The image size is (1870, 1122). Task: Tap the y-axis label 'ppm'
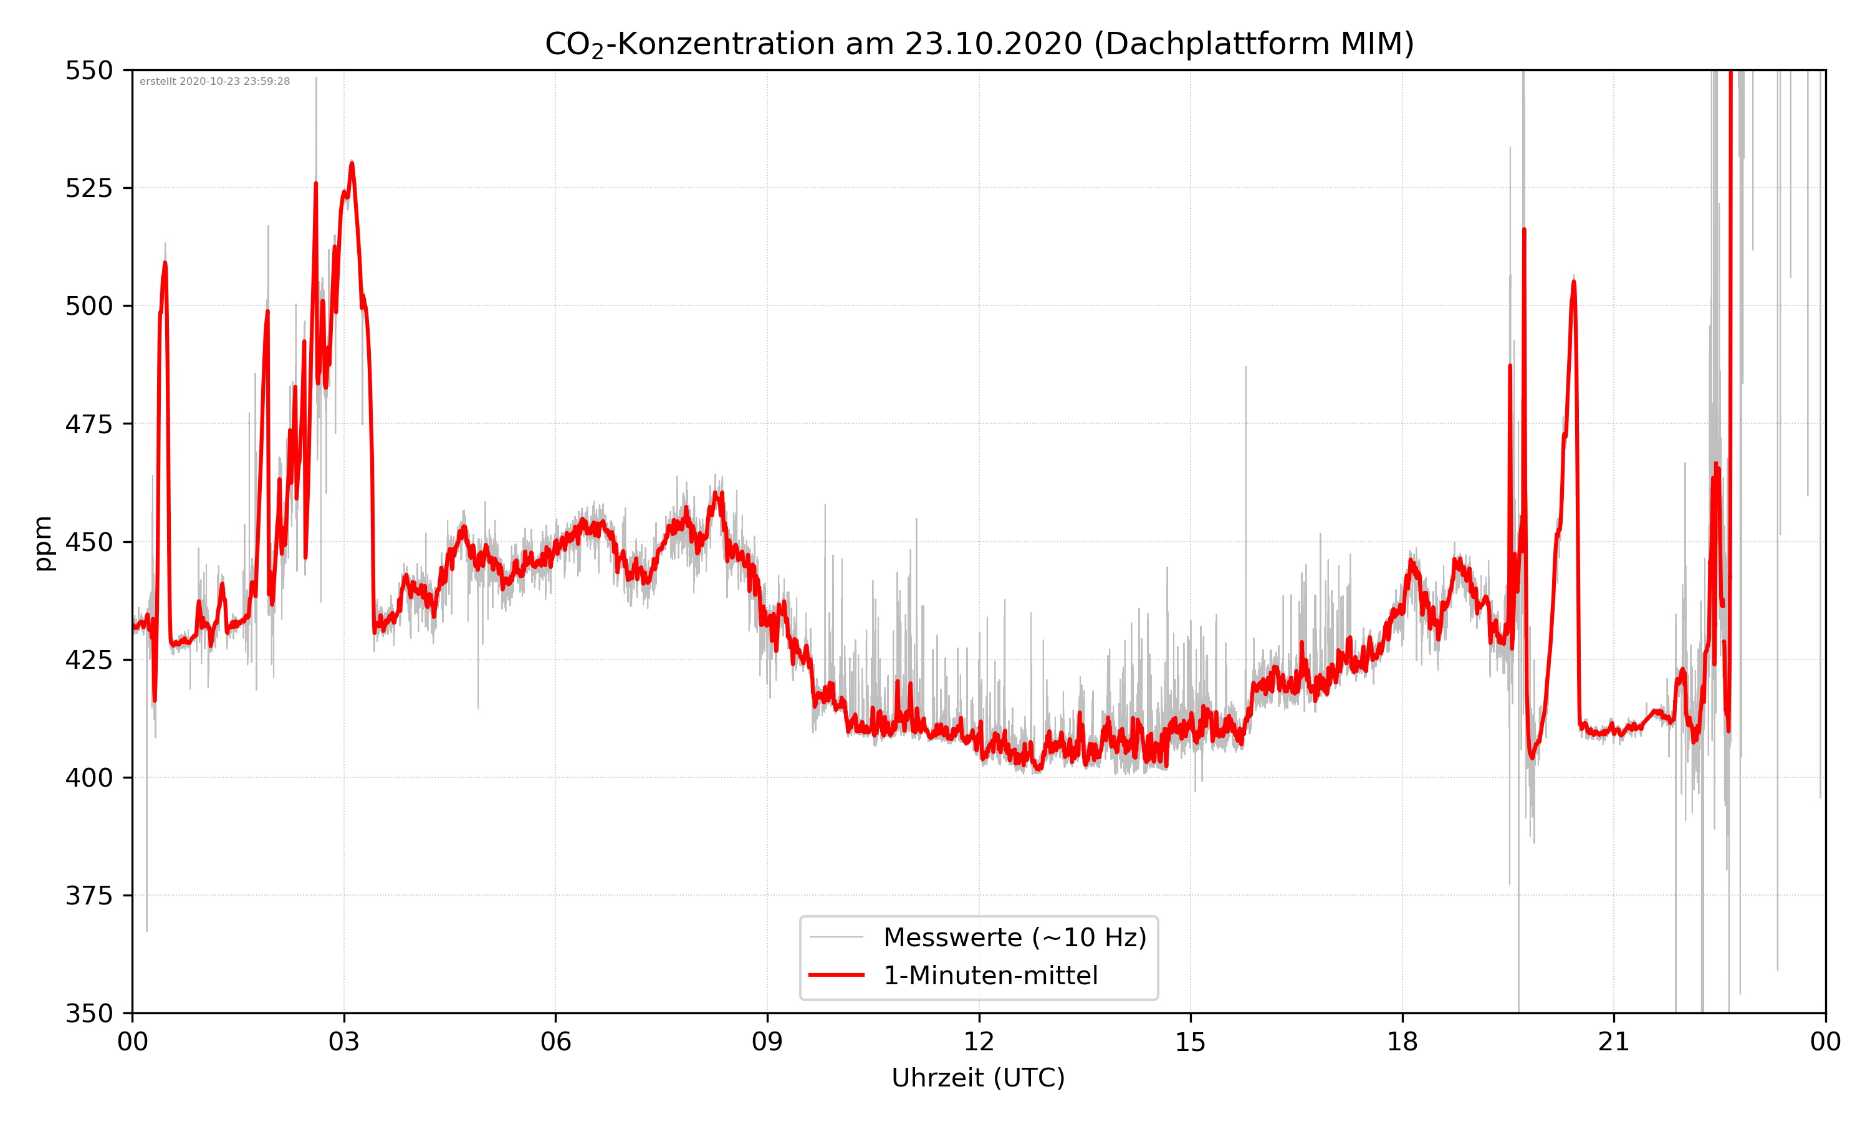point(43,543)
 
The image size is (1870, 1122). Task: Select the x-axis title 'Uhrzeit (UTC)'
point(978,1077)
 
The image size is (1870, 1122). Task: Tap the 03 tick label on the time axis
point(344,1042)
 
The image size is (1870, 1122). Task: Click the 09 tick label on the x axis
point(767,1042)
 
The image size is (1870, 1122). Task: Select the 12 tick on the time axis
point(979,1042)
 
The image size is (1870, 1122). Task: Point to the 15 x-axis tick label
point(1191,1042)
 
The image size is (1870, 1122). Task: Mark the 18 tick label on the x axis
point(1402,1042)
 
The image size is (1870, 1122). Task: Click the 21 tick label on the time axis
point(1614,1042)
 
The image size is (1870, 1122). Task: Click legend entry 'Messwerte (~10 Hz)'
point(1014,937)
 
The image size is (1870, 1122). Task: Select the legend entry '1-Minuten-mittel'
point(990,976)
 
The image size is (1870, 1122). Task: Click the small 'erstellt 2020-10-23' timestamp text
point(214,82)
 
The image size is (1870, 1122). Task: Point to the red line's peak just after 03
point(352,163)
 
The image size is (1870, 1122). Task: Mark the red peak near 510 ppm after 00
point(165,263)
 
